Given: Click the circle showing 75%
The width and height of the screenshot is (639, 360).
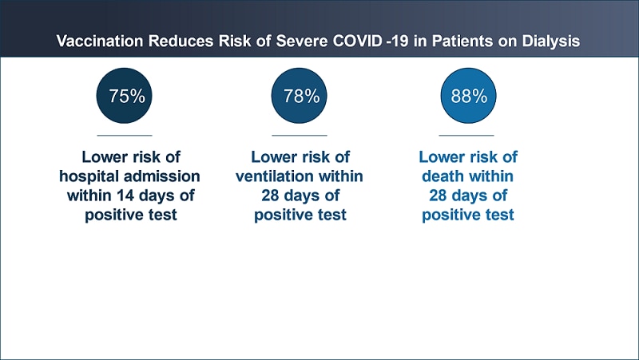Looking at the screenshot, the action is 124,96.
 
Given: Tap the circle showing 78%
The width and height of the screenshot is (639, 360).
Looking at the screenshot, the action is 299,96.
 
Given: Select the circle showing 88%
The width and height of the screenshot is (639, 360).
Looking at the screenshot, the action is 468,96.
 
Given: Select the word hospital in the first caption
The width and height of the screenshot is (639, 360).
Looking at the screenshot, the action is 89,176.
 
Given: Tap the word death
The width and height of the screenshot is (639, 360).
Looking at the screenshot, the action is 441,176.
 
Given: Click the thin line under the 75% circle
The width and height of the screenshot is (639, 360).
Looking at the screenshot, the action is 125,135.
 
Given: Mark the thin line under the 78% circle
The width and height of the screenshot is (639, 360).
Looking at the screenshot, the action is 300,135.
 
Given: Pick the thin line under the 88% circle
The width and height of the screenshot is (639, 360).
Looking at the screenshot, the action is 466,135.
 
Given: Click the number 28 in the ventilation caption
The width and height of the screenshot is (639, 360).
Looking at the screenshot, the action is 270,196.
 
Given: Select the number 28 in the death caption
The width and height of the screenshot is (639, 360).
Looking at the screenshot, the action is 438,196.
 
